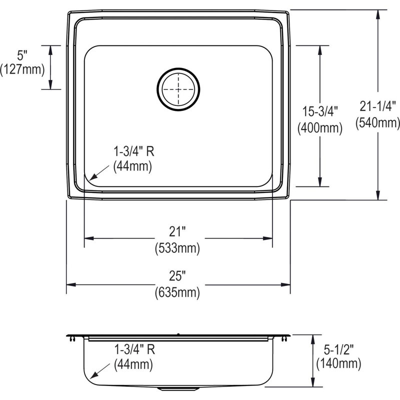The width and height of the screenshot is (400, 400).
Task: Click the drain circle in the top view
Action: pyautogui.click(x=178, y=68)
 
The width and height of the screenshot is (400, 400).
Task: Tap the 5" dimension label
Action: pyautogui.click(x=22, y=55)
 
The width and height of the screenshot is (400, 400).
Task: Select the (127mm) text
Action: pyautogui.click(x=22, y=69)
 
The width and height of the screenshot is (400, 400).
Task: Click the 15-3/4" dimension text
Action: pyautogui.click(x=320, y=111)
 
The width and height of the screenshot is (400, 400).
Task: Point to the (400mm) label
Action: pyautogui.click(x=320, y=128)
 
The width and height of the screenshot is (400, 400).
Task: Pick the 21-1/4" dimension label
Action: pyautogui.click(x=377, y=106)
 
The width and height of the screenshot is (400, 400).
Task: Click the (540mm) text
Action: pyautogui.click(x=377, y=122)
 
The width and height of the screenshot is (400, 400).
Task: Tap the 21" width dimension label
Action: pyautogui.click(x=177, y=231)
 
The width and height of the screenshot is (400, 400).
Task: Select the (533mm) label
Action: pyautogui.click(x=177, y=248)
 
